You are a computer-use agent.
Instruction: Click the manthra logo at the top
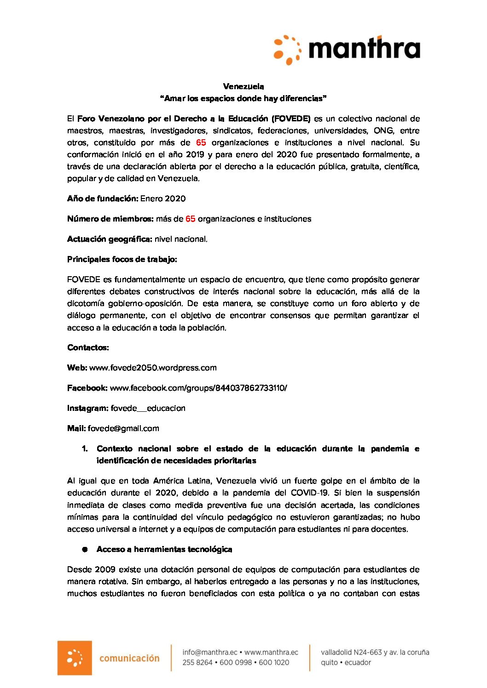pos(347,49)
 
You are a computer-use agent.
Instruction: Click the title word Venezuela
pos(243,86)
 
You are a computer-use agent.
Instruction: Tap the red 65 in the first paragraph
pos(201,142)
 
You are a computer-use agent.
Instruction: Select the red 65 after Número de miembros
pos(191,219)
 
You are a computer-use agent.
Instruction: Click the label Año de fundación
pos(102,199)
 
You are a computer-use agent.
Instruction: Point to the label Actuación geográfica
pos(110,239)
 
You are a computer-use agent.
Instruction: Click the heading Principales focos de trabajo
pos(122,259)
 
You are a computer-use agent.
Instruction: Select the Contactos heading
pos(88,347)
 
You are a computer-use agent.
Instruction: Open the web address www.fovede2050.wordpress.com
pos(153,368)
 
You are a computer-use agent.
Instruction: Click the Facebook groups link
pos(198,388)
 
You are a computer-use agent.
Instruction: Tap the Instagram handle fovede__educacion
pos(148,408)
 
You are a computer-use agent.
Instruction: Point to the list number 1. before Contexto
pos(85,449)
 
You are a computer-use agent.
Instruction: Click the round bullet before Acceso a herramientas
pos(85,549)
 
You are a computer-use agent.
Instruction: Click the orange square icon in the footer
pos(75,658)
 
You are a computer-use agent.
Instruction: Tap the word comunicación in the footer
pos(129,658)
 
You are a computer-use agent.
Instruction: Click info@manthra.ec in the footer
pos(210,652)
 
